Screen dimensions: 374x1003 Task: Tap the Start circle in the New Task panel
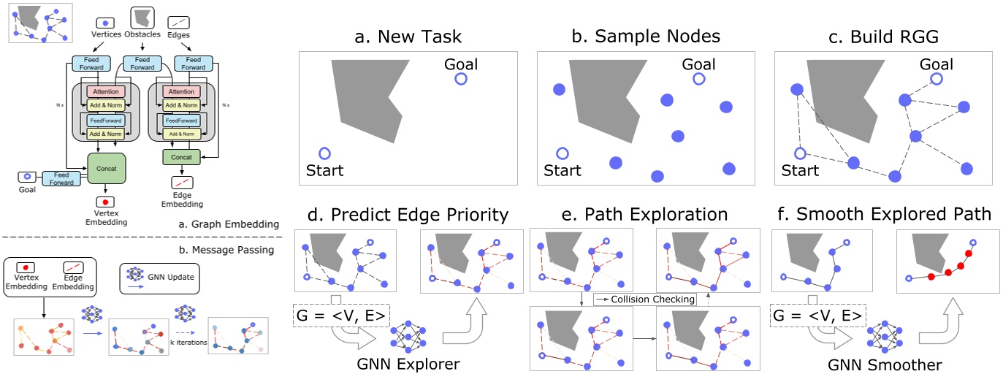tap(325, 153)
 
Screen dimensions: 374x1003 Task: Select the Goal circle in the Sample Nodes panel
tap(698, 79)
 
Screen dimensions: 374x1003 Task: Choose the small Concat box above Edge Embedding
tap(180, 156)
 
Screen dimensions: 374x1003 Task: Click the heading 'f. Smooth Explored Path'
tap(882, 215)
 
